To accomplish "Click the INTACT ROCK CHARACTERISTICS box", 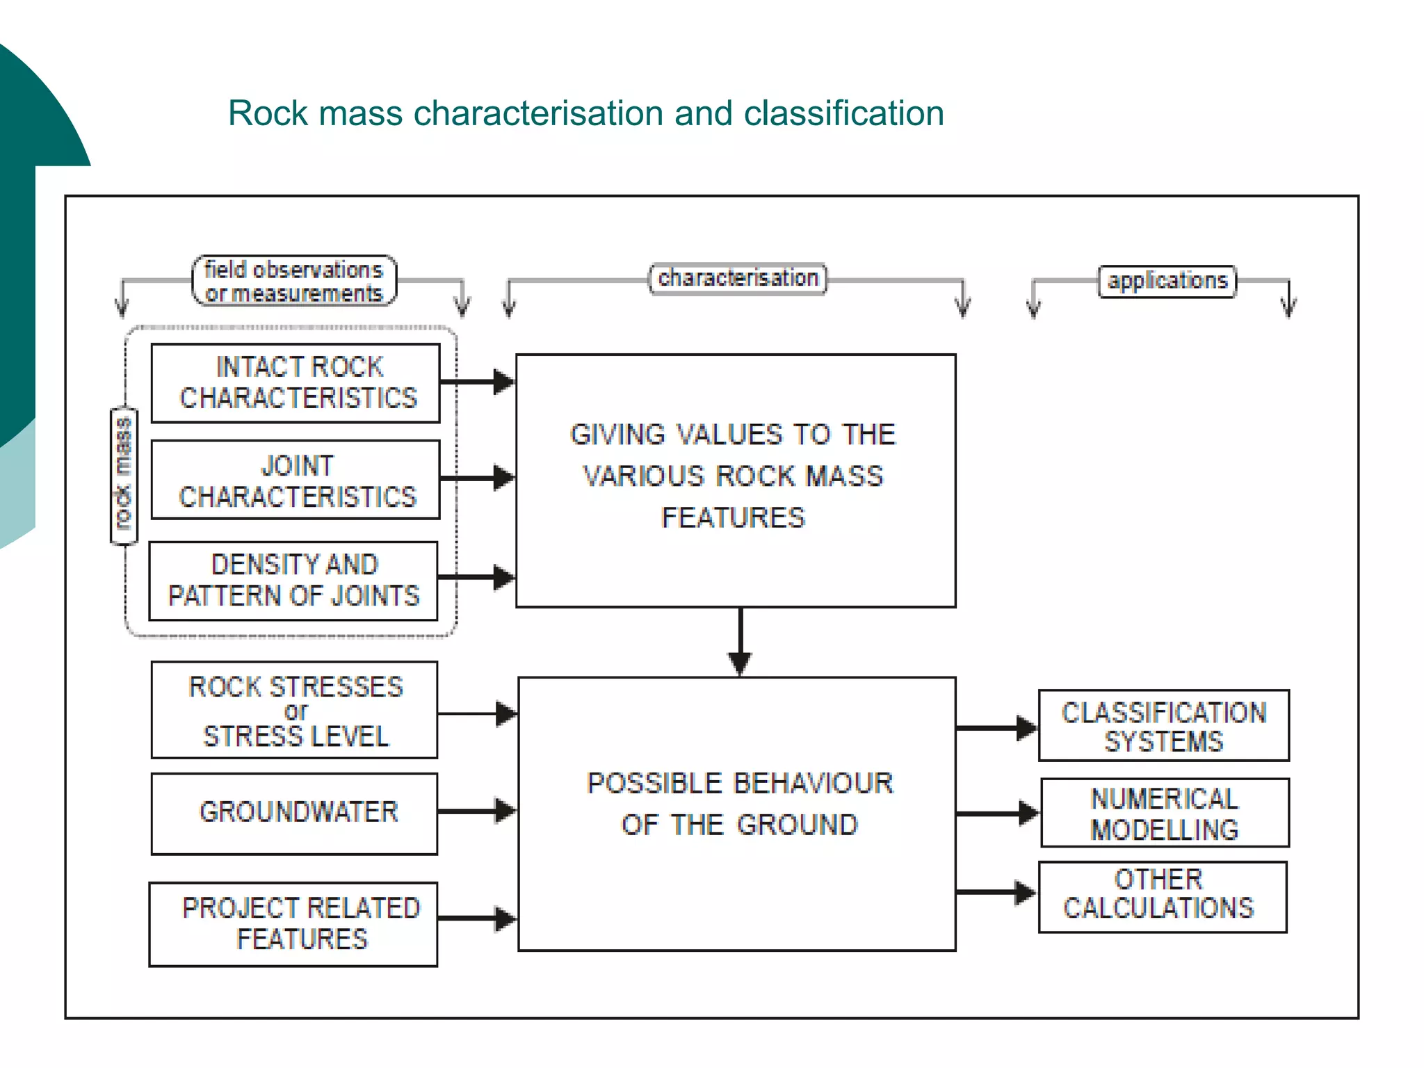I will pos(296,383).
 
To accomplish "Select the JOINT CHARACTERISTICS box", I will pos(296,480).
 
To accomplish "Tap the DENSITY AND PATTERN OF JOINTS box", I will pos(293,581).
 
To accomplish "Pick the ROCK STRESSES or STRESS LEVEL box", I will pos(294,710).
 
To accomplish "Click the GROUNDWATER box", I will pos(294,813).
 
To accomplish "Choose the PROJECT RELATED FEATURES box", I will pos(293,924).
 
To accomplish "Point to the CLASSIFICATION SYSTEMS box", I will pos(1163,726).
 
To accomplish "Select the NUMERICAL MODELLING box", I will pos(1165,813).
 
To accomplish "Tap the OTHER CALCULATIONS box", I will pos(1162,897).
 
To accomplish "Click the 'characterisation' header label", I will pos(738,279).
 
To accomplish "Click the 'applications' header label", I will pos(1167,281).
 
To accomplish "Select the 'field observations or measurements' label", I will pos(294,281).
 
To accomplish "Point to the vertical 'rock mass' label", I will pos(124,475).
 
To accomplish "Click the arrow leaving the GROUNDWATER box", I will pos(477,811).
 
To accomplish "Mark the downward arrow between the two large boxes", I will pos(740,641).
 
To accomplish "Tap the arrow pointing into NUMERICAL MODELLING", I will pos(997,813).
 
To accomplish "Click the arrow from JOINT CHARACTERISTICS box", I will pos(477,478).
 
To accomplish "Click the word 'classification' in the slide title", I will pos(843,113).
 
